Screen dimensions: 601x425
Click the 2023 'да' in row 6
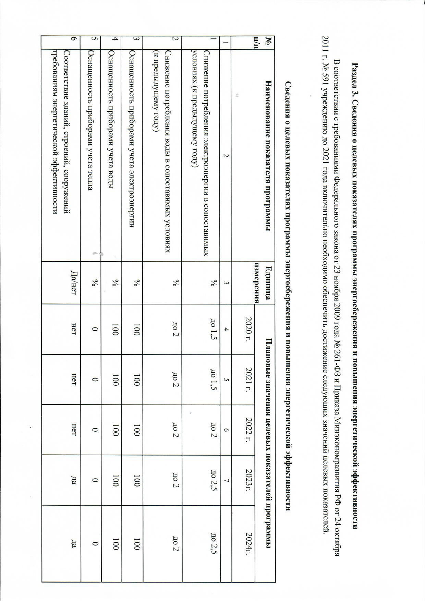pos(73,480)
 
